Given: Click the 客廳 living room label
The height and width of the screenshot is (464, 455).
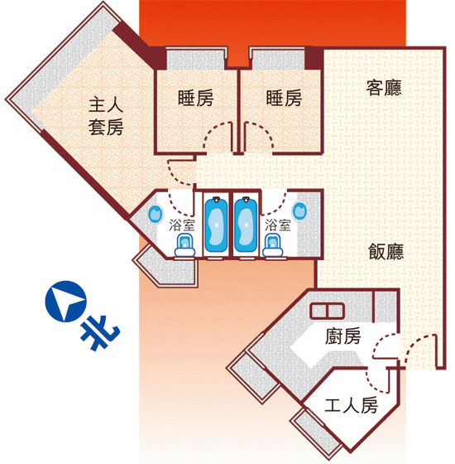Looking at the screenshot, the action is pos(384,88).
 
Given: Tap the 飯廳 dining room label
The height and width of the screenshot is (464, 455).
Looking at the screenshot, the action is pos(386,252).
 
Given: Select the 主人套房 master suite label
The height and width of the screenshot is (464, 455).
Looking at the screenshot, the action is pos(106,116).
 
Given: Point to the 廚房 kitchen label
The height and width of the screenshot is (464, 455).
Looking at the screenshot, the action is pos(342,336).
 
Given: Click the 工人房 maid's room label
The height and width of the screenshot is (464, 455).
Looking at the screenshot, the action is pos(351,405).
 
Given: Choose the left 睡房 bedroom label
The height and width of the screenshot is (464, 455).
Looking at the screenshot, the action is pos(195,98).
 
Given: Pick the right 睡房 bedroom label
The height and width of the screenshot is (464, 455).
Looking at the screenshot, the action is pos(284,98).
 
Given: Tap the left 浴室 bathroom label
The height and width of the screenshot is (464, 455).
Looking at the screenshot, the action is pos(182,225).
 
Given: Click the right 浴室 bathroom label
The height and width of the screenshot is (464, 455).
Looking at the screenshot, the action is pos(277,225).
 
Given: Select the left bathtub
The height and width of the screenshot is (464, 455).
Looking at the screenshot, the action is pos(216,225).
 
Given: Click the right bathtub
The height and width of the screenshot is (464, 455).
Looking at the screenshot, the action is pos(246,225).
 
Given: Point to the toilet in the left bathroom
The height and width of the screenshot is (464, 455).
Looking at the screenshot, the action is pos(184,245).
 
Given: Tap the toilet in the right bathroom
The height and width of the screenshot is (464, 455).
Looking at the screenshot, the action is pos(273,245).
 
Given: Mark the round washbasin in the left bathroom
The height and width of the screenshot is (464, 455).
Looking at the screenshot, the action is pos(156,214).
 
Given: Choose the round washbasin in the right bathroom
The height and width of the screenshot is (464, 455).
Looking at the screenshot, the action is pos(299,211).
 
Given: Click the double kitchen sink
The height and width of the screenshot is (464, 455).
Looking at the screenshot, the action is pos(327,311).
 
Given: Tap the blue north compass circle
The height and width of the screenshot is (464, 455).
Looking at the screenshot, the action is pos(65,302).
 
